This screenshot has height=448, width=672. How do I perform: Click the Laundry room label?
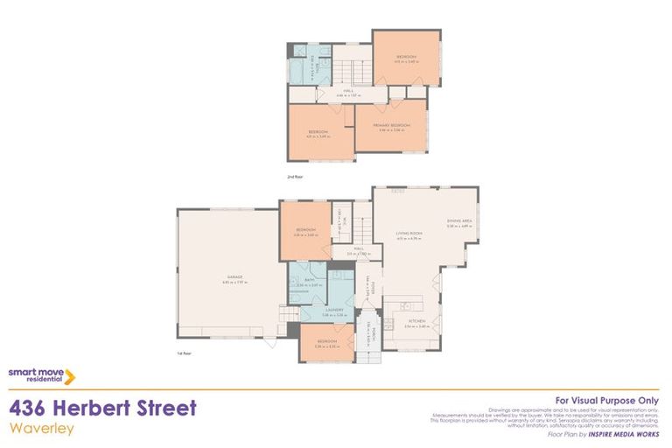coord(333,310)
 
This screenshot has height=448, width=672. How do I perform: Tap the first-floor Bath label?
coord(310,280)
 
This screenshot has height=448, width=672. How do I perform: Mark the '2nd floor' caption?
coord(294,177)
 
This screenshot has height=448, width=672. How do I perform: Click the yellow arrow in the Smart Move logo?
coord(70,376)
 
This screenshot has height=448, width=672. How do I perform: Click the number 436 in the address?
coord(31,409)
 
